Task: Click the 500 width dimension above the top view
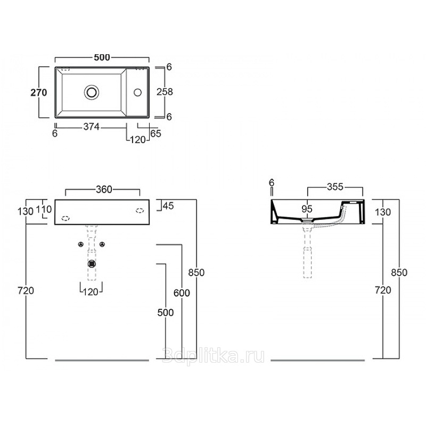[x=102, y=58]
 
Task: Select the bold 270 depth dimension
[x=38, y=93]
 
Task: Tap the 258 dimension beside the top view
[x=165, y=92]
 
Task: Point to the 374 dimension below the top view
[x=91, y=127]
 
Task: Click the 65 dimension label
[x=155, y=134]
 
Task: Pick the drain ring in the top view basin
[x=92, y=92]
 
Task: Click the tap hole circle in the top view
[x=138, y=92]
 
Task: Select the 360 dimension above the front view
[x=104, y=190]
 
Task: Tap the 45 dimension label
[x=168, y=206]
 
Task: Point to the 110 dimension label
[x=44, y=209]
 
